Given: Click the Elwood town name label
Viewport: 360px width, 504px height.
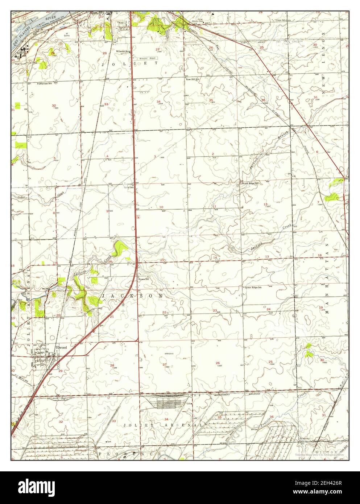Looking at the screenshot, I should coord(62,347).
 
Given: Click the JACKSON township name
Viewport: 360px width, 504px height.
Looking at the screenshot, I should coord(132,296).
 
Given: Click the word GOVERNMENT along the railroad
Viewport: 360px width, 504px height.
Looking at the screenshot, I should coord(223,394).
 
